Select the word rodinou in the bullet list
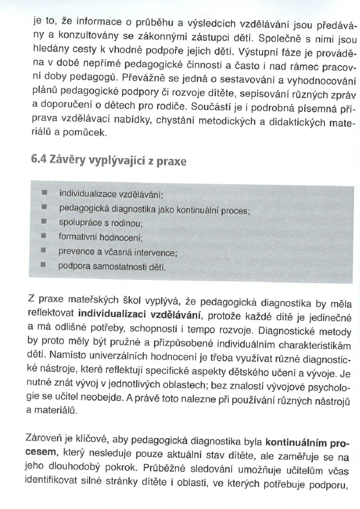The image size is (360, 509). click(128, 223)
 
